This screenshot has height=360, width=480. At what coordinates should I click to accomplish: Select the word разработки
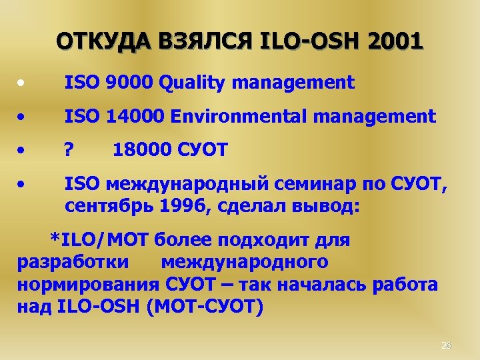pyautogui.click(x=73, y=262)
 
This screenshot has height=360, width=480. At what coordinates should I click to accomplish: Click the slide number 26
pyautogui.click(x=447, y=345)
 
